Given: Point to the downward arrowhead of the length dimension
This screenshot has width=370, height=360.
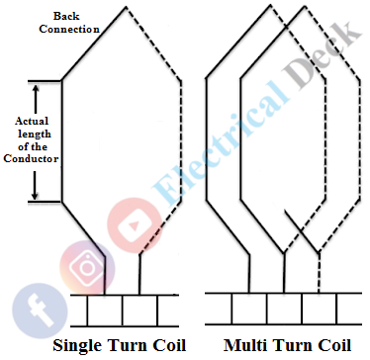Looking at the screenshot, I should point(37,193).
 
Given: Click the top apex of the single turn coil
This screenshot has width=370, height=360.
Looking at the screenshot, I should point(123,8).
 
